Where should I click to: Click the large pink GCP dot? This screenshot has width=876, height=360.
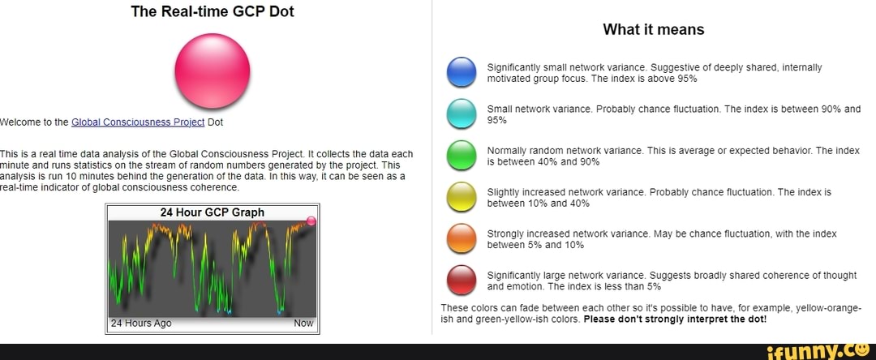point(213,71)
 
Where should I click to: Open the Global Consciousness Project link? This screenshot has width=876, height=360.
point(139,122)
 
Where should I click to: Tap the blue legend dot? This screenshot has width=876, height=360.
point(462,72)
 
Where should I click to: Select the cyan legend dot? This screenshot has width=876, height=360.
point(462,114)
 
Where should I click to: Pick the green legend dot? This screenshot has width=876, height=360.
point(462,155)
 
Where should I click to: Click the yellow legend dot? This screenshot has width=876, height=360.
point(462,197)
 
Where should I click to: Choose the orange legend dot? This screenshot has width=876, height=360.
point(462,239)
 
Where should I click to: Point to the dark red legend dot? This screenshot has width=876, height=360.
point(462,281)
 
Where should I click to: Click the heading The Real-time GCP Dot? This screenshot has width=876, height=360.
point(213,11)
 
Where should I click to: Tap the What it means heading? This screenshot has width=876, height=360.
point(654,29)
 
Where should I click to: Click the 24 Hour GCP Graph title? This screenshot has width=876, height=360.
point(213,212)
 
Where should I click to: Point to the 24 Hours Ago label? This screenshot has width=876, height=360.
point(141,324)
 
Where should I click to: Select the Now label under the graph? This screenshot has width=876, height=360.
point(303,324)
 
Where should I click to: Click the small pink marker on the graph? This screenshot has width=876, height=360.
point(311,221)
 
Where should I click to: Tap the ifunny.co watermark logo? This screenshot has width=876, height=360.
point(818,352)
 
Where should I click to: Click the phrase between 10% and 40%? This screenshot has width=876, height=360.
point(539,204)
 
